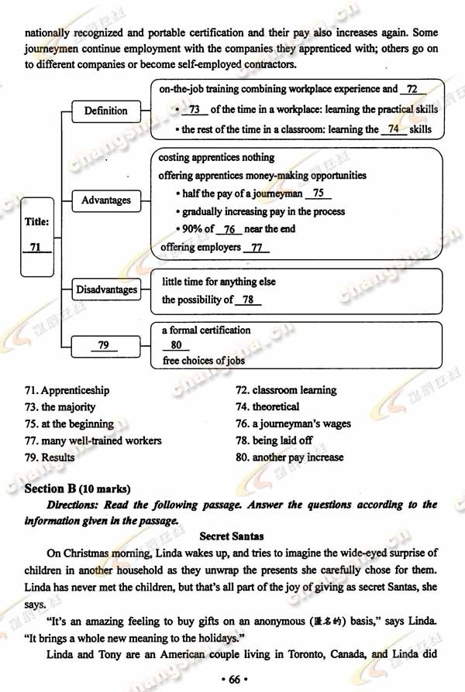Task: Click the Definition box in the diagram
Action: pos(105,111)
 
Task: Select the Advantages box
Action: pos(106,200)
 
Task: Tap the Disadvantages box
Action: pos(106,290)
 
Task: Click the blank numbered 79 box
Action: pos(104,345)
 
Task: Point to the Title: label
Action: pos(36,221)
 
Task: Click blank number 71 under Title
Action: pos(36,247)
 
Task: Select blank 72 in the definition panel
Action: pos(412,90)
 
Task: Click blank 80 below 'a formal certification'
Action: pos(176,345)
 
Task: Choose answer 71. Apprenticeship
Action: pos(67,390)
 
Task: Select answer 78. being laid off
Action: pos(274,440)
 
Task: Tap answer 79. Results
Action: pos(50,457)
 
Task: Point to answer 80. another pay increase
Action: pos(289,457)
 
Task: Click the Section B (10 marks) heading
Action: pos(77,488)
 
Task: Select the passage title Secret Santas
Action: pos(232,536)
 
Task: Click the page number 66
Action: pos(232,679)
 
